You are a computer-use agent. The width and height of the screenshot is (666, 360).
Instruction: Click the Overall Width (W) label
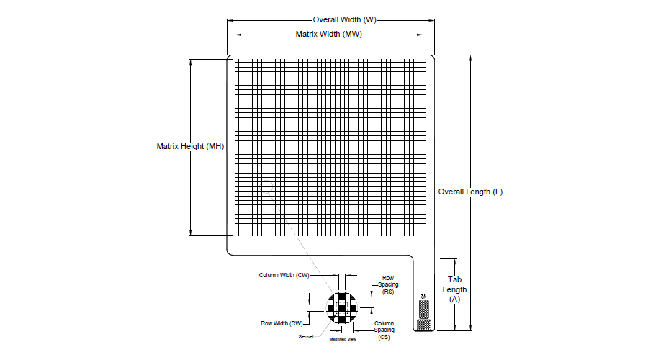[344, 19]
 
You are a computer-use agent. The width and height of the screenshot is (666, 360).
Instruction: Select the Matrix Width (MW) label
[328, 34]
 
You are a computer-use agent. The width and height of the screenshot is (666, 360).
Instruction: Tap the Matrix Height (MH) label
[191, 146]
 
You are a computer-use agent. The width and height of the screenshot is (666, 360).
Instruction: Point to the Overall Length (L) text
[470, 192]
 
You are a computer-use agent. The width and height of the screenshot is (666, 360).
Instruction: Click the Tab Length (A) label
[454, 289]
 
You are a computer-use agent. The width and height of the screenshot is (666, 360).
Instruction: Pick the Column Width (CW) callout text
[284, 275]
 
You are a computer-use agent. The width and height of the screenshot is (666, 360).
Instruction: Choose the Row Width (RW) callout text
[282, 323]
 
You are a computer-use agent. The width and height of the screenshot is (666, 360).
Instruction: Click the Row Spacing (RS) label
[388, 284]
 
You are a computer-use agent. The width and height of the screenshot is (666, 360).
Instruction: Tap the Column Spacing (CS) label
[384, 330]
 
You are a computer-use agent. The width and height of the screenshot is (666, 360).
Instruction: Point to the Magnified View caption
[343, 338]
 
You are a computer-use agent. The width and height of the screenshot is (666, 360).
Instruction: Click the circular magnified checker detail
[341, 307]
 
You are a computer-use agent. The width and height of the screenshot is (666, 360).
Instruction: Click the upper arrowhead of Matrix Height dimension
[191, 61]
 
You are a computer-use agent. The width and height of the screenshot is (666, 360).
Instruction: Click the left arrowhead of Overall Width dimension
[230, 19]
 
